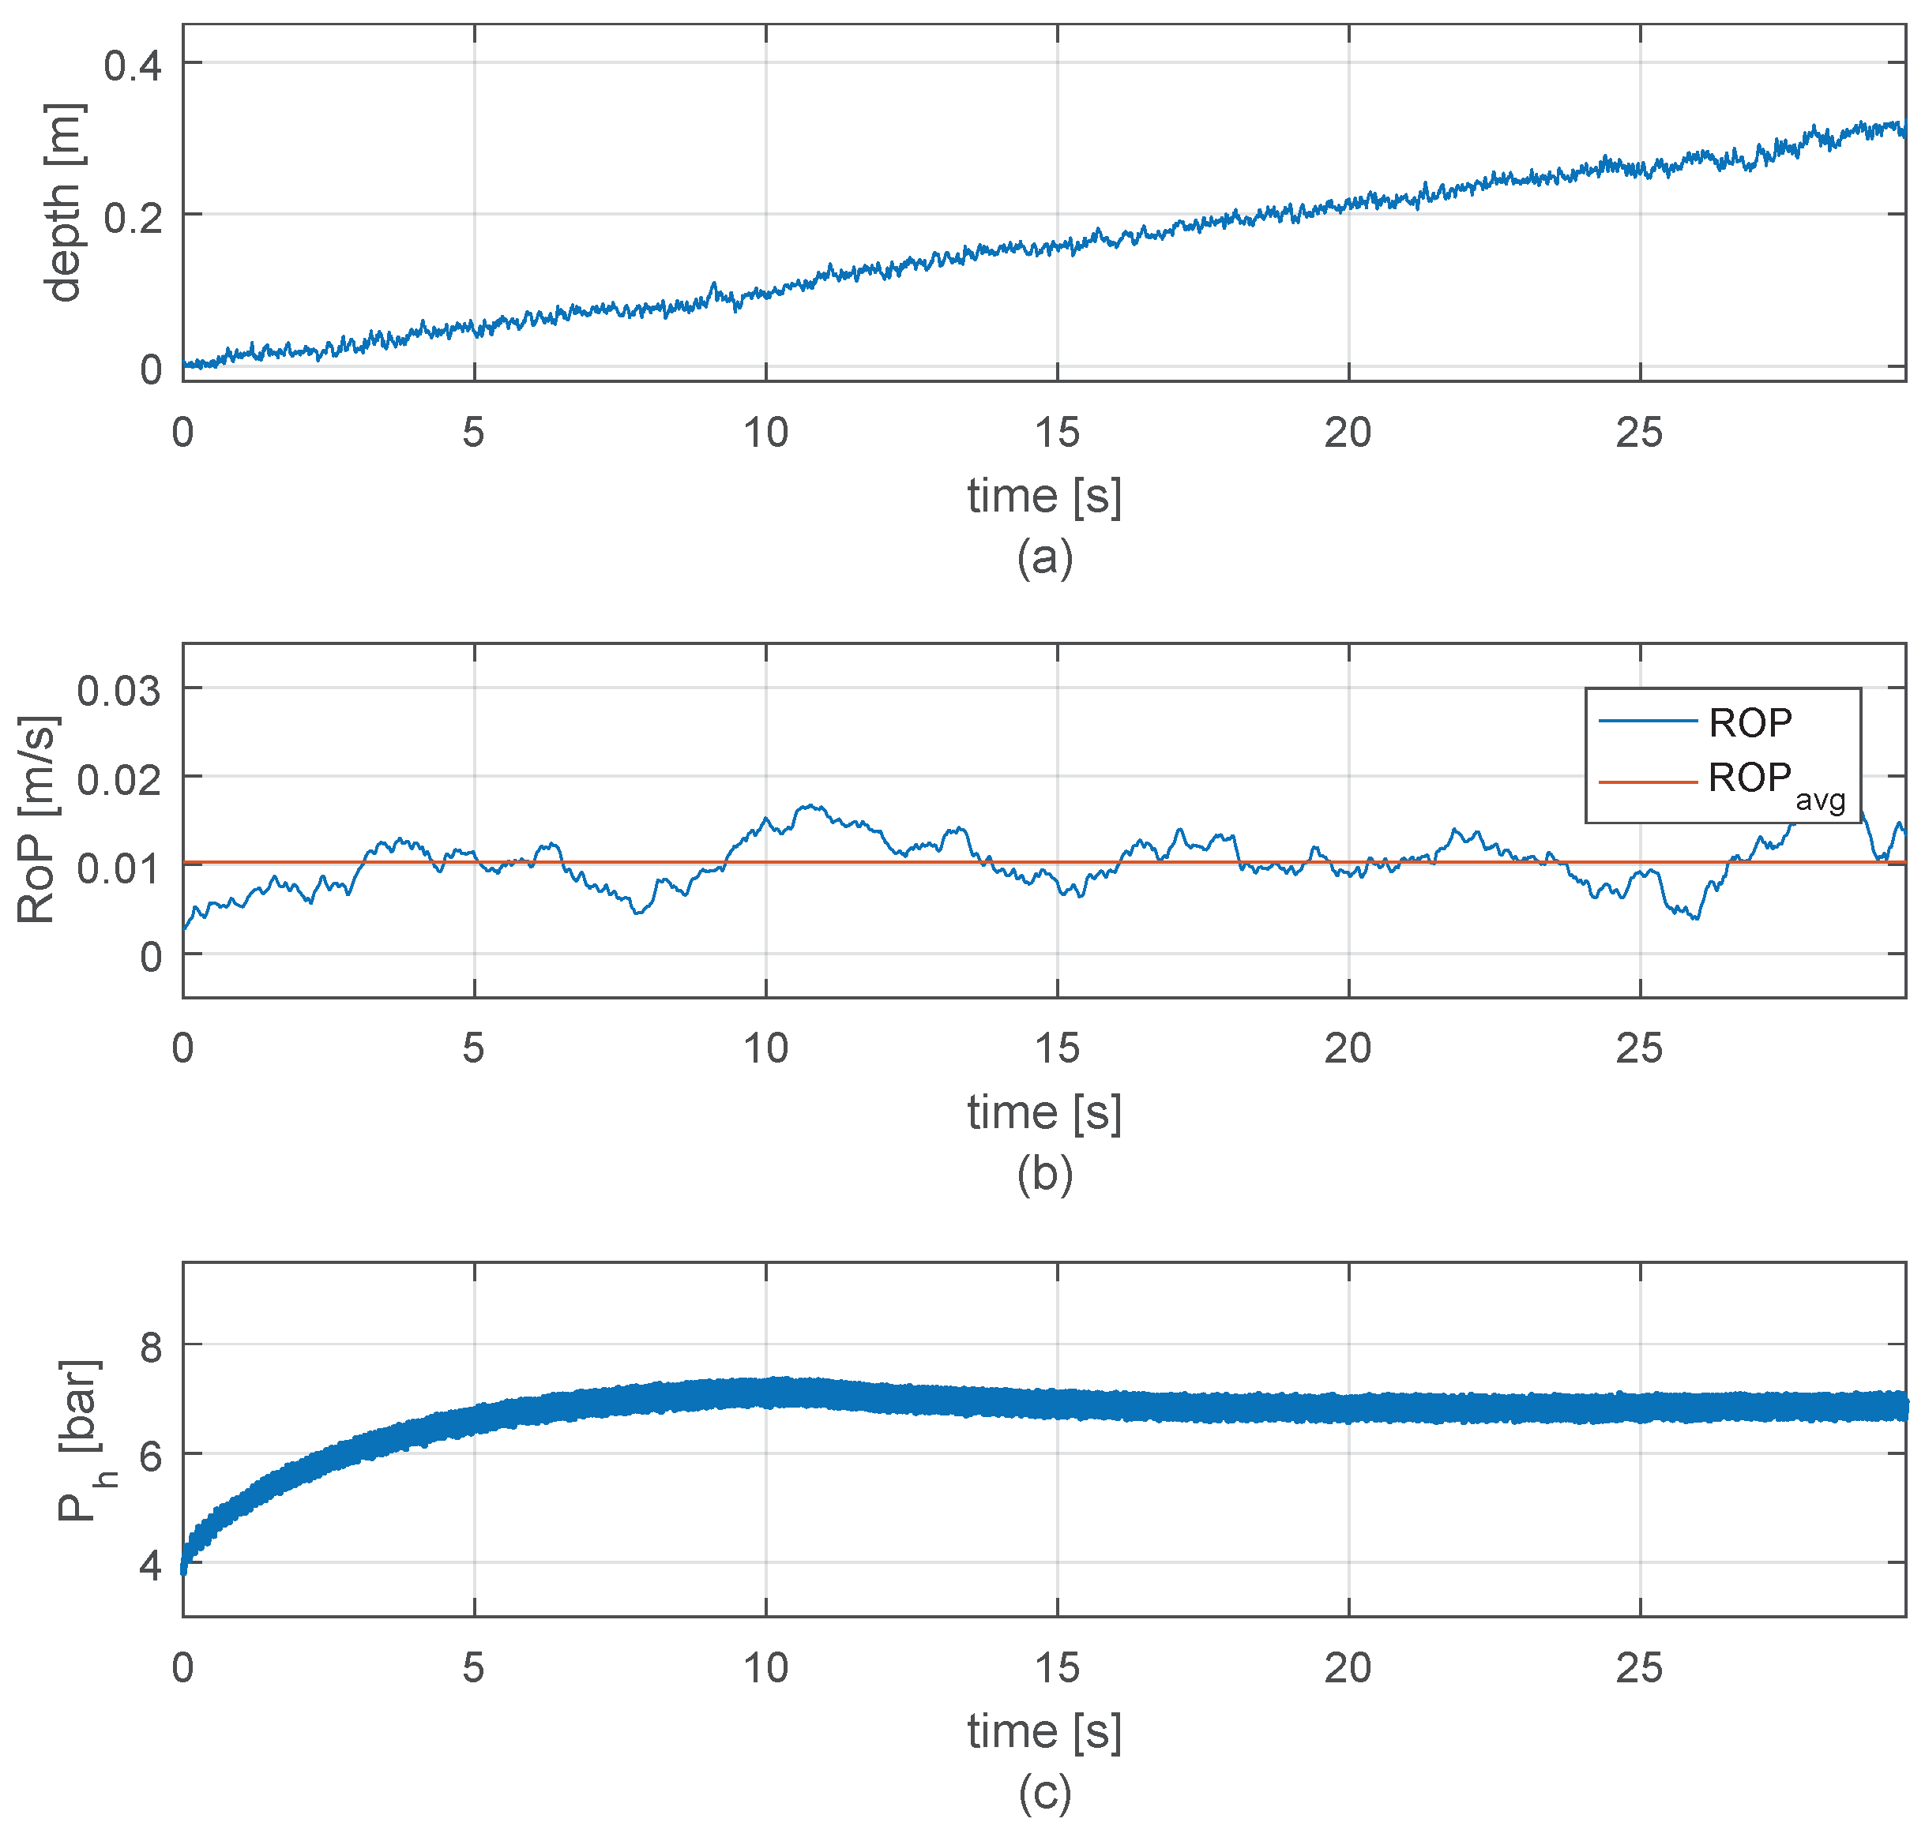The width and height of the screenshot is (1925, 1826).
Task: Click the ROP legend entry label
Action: [1750, 723]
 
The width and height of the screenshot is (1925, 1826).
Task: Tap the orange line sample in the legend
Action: [1648, 782]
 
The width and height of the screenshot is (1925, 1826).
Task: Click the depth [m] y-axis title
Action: [64, 202]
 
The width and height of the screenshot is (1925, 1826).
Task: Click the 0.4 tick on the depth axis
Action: [133, 66]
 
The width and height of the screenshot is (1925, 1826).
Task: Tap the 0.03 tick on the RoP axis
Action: [118, 691]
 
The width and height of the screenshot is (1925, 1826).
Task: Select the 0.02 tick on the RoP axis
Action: [118, 780]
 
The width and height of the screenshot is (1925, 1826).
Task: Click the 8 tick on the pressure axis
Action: [150, 1348]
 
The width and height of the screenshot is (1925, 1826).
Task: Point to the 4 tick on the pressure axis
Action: [150, 1566]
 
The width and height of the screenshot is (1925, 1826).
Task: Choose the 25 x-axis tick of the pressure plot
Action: [1639, 1668]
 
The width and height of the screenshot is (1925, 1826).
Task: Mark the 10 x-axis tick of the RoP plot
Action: [765, 1048]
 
